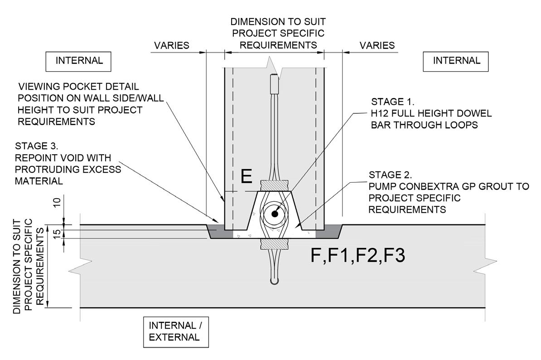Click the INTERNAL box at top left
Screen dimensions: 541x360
point(78,62)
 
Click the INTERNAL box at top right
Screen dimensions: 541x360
point(456,62)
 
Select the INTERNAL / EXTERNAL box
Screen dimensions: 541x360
point(176,332)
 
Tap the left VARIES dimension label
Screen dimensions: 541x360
point(171,45)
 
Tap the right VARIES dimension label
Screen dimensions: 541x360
point(377,45)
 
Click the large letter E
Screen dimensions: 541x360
point(246,176)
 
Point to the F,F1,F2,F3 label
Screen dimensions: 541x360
point(358,255)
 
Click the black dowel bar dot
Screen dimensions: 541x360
point(275,214)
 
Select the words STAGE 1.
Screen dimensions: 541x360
point(393,102)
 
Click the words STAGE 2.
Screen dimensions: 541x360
point(390,175)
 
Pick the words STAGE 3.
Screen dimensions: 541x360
point(37,146)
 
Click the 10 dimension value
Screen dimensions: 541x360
point(57,202)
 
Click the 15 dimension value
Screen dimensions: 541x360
point(57,232)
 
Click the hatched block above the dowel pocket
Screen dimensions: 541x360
point(274,186)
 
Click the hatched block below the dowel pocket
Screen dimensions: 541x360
point(274,243)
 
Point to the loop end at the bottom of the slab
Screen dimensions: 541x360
point(274,281)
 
